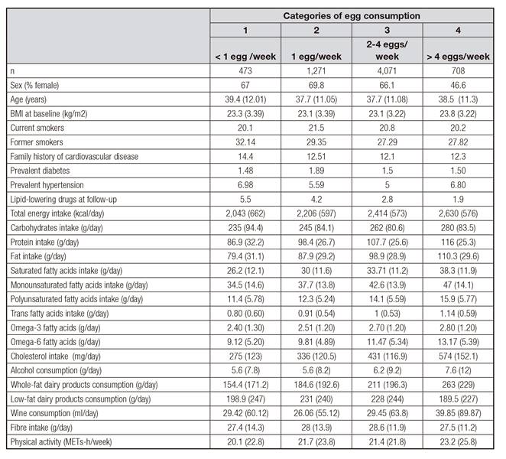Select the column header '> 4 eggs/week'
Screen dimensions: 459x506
pos(456,57)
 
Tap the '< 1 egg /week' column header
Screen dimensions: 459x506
pos(245,57)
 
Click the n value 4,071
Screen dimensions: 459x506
pos(386,70)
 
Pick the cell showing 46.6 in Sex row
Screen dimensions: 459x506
pos(456,85)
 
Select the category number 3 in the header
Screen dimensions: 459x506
pos(386,29)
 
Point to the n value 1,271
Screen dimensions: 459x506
pos(316,70)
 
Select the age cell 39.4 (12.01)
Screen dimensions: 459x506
pos(245,99)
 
